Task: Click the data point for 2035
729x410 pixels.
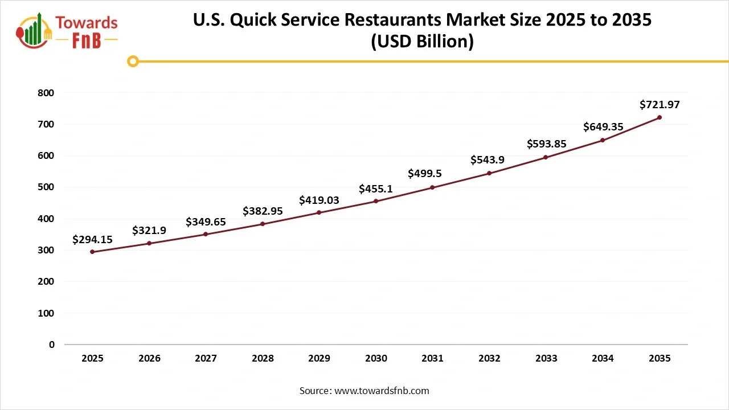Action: [660, 117]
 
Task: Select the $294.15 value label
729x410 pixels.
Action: [92, 240]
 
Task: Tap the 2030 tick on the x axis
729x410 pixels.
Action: [376, 359]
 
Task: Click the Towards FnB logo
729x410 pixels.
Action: [67, 31]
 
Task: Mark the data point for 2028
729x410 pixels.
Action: [263, 224]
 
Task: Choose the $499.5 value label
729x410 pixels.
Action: [425, 174]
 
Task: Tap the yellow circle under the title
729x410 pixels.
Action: [133, 61]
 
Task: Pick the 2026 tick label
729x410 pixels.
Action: [149, 359]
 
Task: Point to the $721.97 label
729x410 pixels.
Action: [660, 105]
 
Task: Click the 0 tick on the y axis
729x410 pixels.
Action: [51, 345]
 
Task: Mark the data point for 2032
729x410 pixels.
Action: [489, 173]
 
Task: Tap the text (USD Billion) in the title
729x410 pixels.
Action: [422, 42]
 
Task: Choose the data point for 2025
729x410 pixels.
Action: [92, 252]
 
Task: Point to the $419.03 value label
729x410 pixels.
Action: [319, 200]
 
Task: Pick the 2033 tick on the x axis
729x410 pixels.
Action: [546, 359]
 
